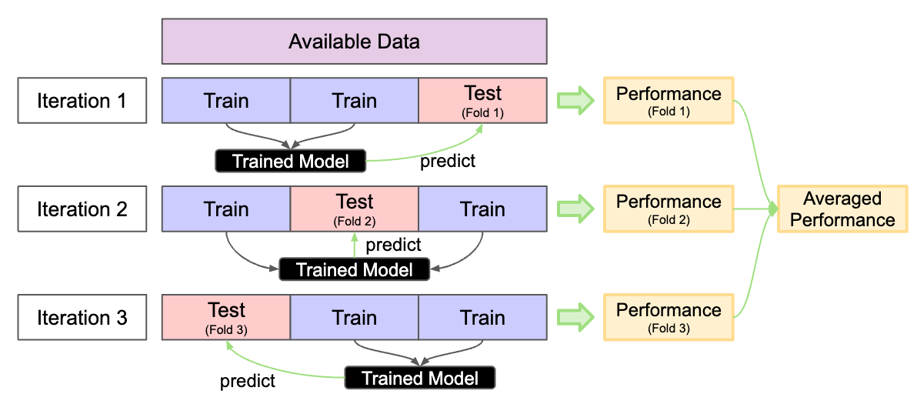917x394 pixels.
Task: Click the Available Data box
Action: (x=354, y=41)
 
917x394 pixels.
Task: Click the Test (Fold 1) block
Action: (x=482, y=101)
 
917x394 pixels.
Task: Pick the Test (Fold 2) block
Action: (x=354, y=209)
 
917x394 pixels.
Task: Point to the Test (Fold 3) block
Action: (x=226, y=318)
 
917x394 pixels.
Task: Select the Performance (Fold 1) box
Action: (x=669, y=101)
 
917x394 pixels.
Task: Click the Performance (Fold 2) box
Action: (x=669, y=209)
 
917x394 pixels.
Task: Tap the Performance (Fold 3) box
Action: (x=669, y=318)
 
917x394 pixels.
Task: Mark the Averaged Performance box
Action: (x=842, y=209)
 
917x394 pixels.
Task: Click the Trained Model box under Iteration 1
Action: (x=290, y=161)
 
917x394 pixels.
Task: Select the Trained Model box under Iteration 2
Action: (x=354, y=269)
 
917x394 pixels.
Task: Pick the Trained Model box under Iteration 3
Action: (x=419, y=378)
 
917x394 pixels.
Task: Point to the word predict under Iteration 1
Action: (x=448, y=161)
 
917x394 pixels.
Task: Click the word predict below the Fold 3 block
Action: (x=248, y=380)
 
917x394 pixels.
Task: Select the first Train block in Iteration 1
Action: (x=226, y=101)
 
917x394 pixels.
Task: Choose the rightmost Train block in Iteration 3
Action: (x=482, y=318)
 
